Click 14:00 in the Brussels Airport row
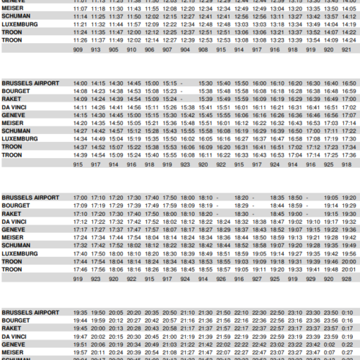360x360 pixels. coord(80,83)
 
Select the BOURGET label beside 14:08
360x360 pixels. coord(15,91)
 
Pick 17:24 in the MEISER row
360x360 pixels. coord(80,237)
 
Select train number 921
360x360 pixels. coord(347,50)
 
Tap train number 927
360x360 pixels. coord(257,279)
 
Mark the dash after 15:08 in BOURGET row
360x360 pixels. coord(181,91)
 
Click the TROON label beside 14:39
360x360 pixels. coord(12,155)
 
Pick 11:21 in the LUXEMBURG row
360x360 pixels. coord(80,24)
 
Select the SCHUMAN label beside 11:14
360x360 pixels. coord(16,16)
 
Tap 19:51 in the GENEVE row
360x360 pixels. coord(80,344)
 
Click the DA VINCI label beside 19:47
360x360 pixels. coord(14,336)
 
